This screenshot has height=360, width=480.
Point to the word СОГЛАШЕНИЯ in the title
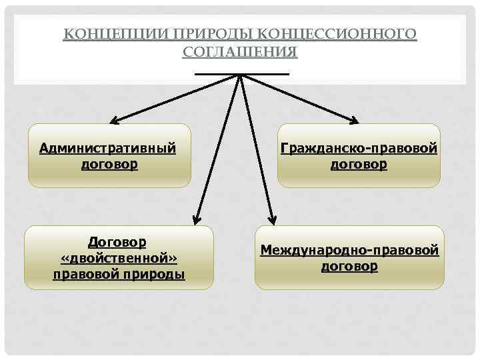point(240,51)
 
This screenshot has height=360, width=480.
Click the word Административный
point(108,147)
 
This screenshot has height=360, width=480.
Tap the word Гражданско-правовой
point(359,147)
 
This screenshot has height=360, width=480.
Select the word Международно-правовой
point(349,251)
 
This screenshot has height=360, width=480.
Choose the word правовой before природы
point(85,274)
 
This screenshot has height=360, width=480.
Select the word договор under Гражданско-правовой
point(359,163)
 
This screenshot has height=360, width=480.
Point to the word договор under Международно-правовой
point(349,267)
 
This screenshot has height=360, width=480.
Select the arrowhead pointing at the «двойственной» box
point(197,217)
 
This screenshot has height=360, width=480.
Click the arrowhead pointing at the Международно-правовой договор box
point(271,217)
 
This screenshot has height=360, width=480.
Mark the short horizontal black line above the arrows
point(241,73)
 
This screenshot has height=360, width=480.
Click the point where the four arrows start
point(239,75)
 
